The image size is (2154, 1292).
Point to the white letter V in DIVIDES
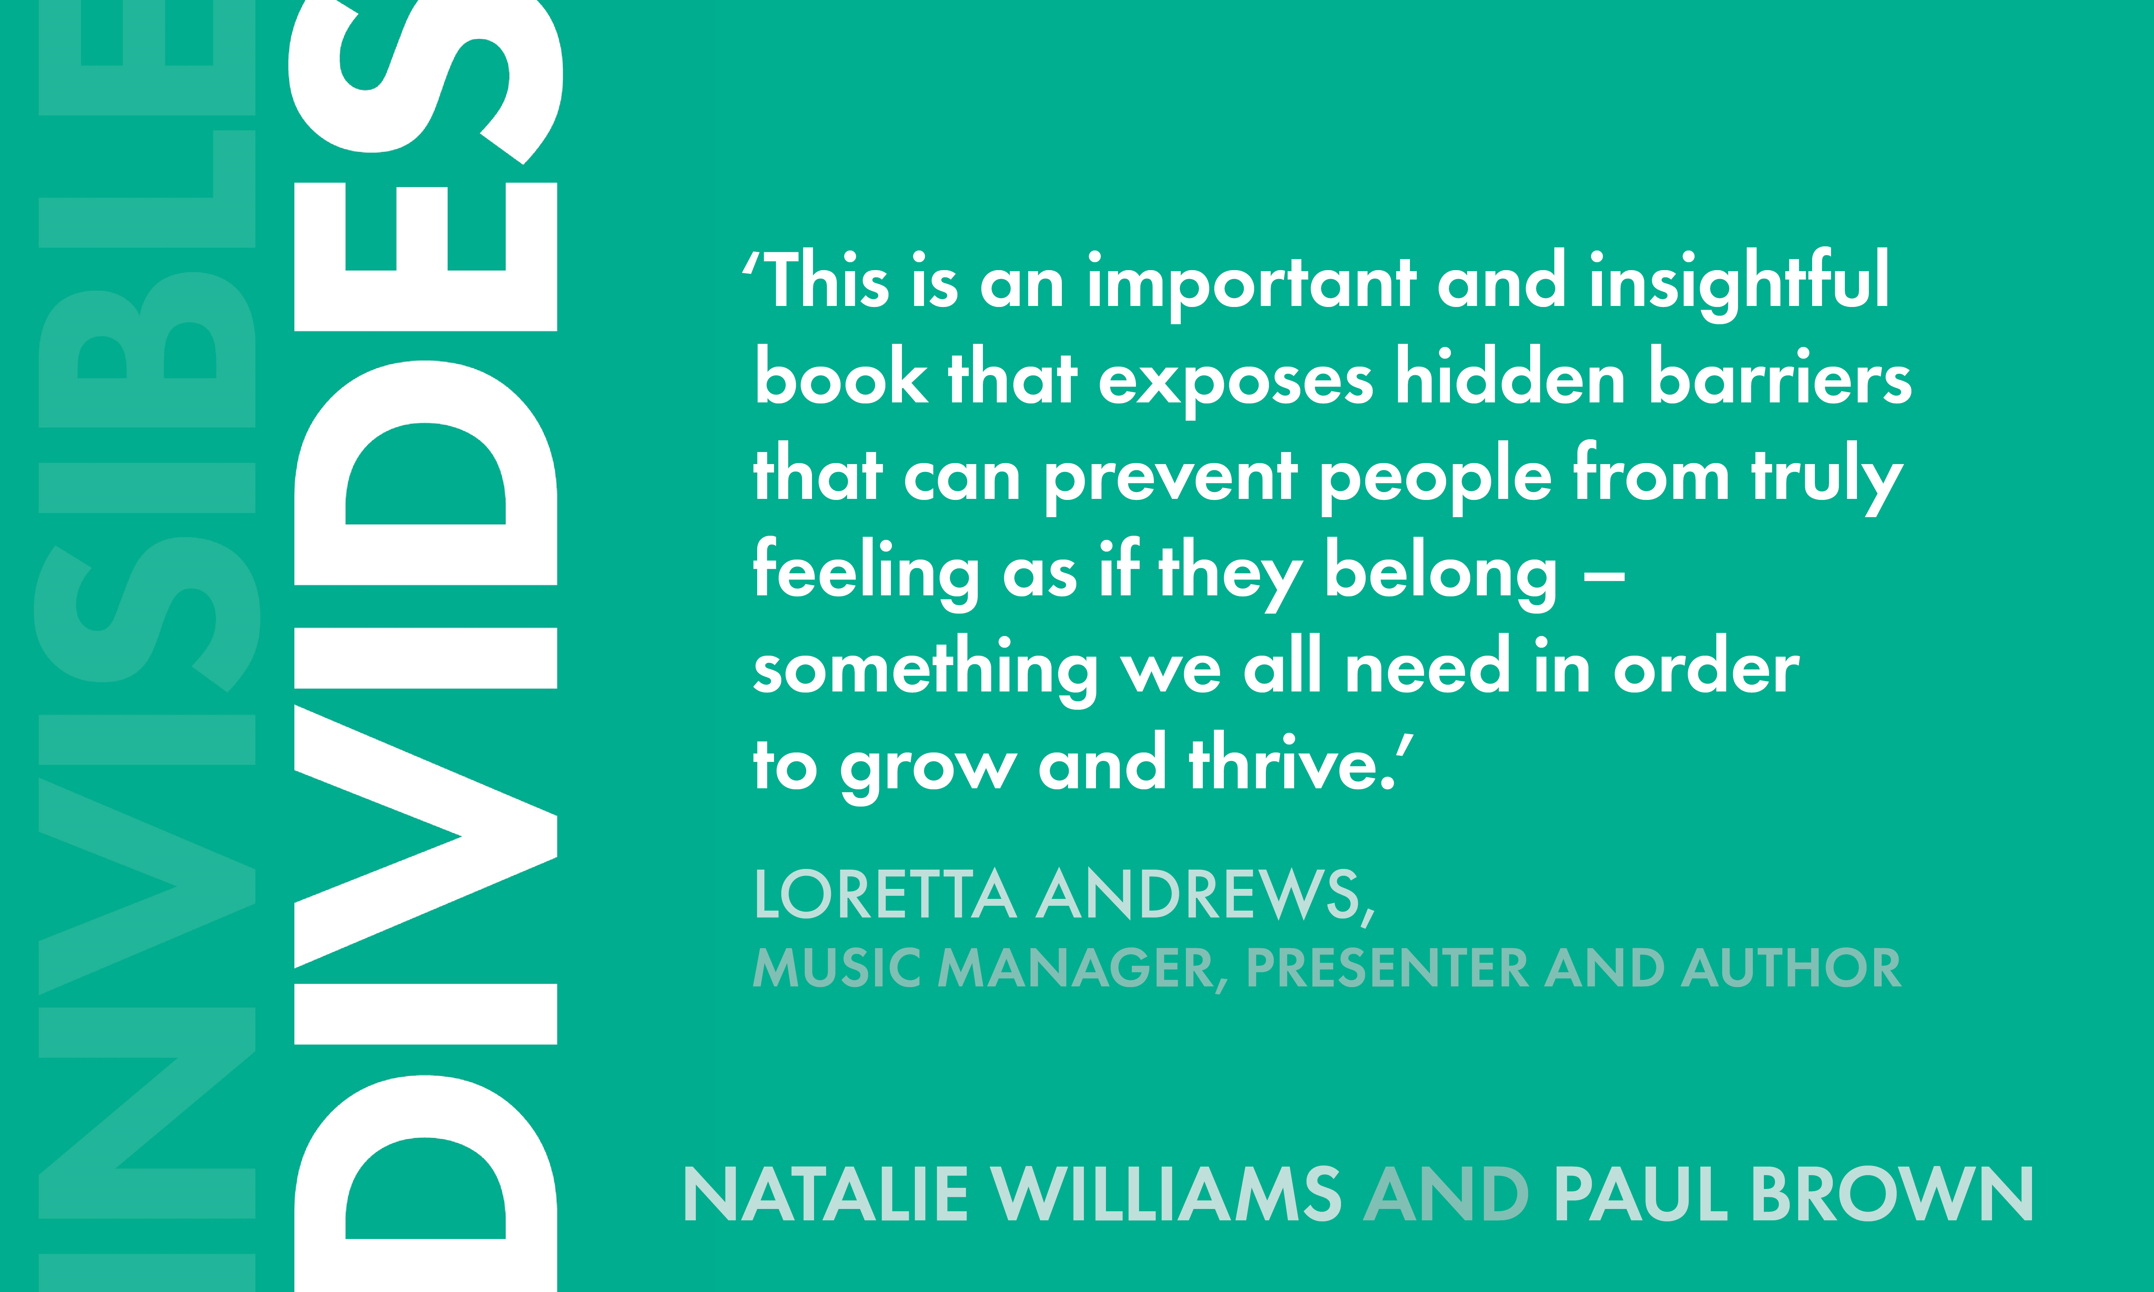pyautogui.click(x=426, y=836)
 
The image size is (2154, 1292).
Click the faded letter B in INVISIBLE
pyautogui.click(x=146, y=351)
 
